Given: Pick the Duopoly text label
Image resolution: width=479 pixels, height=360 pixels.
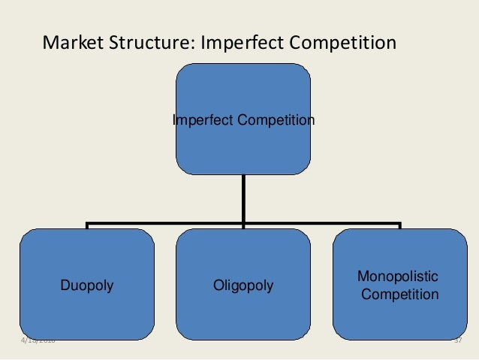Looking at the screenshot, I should (x=87, y=286).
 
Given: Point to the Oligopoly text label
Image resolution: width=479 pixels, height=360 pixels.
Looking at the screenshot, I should (x=243, y=286).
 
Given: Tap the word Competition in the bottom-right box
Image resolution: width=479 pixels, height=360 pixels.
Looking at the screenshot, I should (x=399, y=295).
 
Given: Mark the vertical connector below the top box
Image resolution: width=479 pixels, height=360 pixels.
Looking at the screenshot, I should (x=243, y=199).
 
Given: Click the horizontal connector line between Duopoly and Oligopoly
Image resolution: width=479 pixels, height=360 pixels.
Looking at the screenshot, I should (x=165, y=223).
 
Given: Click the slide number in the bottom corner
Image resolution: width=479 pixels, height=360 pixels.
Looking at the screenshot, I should (x=458, y=343).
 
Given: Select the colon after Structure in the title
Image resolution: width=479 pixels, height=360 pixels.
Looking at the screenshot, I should (x=197, y=43).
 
